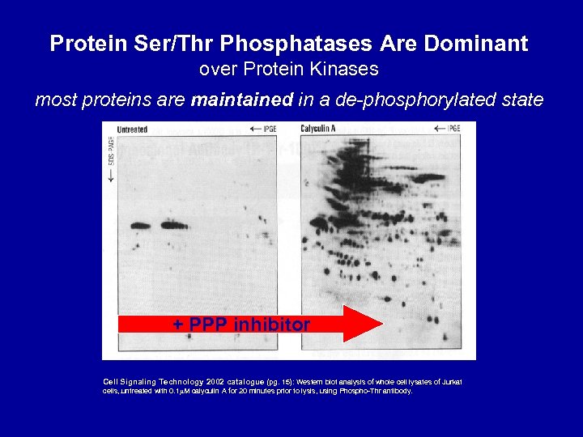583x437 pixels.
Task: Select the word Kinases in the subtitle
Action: click(x=347, y=70)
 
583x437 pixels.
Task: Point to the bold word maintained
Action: click(x=241, y=100)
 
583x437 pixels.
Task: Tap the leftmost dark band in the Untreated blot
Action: click(x=140, y=226)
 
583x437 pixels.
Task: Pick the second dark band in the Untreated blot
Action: click(x=172, y=225)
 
